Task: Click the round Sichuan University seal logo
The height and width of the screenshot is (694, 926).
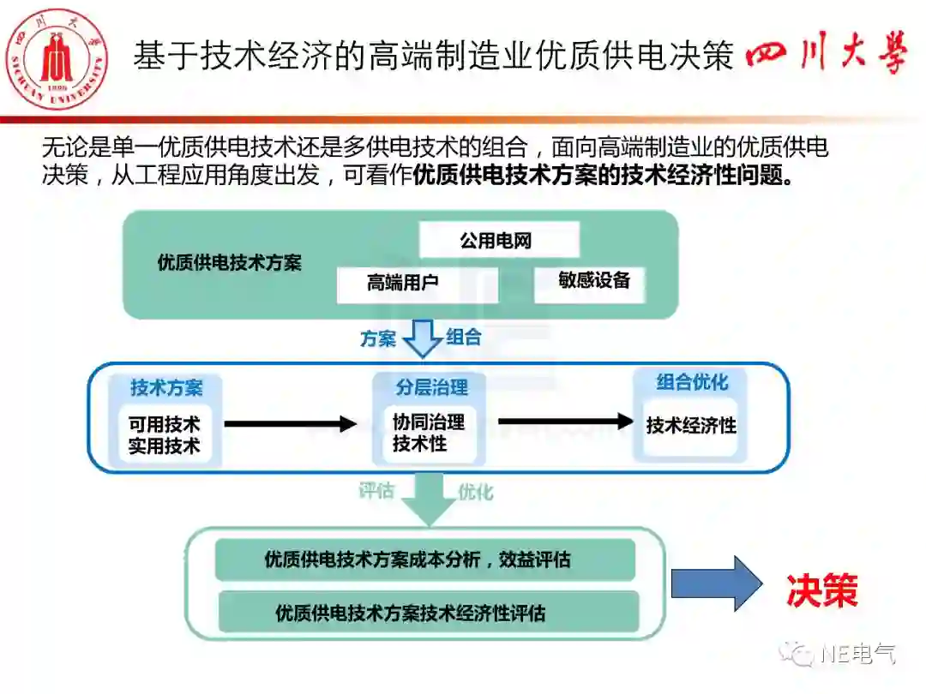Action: (57, 59)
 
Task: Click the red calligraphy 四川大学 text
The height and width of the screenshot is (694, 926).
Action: (827, 58)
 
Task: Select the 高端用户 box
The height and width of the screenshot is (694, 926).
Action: (416, 284)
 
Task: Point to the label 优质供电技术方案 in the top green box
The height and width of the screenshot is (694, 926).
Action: (229, 263)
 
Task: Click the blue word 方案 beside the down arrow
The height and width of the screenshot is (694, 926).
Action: (378, 338)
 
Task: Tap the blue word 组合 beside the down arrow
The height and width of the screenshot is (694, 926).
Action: (464, 337)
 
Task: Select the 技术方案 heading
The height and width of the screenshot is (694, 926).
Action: (166, 387)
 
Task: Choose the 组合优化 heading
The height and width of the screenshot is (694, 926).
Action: (691, 383)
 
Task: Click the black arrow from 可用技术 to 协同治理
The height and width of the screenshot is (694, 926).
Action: (290, 423)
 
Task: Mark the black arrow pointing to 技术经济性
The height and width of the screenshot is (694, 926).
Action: (564, 422)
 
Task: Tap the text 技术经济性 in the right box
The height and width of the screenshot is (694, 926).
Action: (691, 426)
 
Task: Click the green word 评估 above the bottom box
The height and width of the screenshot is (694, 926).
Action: (376, 491)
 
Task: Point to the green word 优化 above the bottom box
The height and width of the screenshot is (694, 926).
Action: (475, 492)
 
